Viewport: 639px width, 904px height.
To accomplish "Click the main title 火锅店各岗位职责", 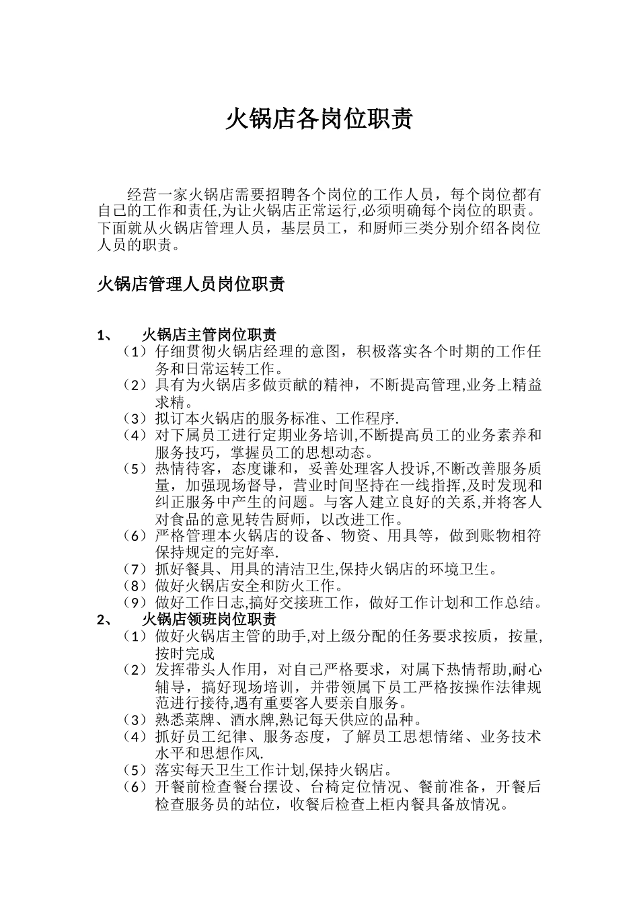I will click(318, 120).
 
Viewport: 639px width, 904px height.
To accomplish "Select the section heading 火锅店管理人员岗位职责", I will click(191, 284).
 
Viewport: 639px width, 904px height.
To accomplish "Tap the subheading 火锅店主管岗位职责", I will click(209, 335).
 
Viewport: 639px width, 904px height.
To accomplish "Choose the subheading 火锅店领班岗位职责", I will click(209, 619).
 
